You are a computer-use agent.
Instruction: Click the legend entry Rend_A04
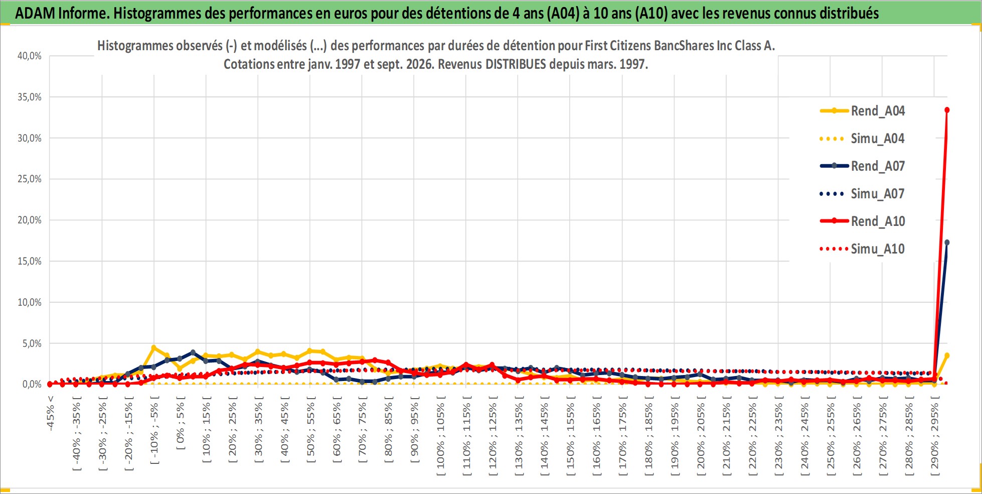point(863,111)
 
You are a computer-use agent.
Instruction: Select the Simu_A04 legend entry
point(863,139)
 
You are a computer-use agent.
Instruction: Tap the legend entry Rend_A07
point(863,166)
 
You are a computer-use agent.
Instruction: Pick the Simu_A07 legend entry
point(863,194)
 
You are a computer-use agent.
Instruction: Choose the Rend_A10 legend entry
point(863,221)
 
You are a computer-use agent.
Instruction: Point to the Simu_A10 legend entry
point(863,249)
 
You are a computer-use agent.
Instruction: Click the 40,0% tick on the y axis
point(30,56)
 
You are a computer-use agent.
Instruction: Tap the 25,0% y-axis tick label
point(30,179)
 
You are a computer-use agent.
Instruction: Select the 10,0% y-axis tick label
point(30,302)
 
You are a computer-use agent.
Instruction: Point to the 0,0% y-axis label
point(32,385)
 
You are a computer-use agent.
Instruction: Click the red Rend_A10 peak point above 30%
point(947,110)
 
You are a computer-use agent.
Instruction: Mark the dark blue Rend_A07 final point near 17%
point(947,242)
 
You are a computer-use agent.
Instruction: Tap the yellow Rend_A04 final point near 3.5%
point(947,355)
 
